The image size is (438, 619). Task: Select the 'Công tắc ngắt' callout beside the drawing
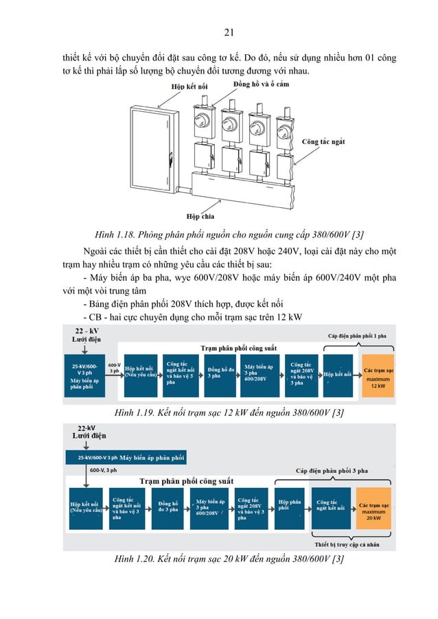[x=323, y=142]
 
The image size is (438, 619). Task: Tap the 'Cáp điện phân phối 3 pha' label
[x=332, y=471]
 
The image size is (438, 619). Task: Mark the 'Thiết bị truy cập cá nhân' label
[x=347, y=545]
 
